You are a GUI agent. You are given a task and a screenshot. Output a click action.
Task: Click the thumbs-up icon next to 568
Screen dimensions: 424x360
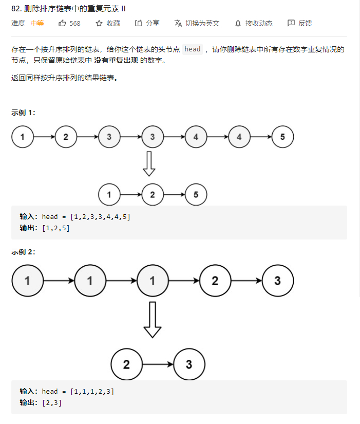pos(63,23)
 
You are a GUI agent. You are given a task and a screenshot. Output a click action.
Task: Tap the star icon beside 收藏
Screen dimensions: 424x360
pos(99,23)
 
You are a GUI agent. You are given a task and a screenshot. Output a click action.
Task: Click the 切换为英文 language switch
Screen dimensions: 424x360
pos(197,23)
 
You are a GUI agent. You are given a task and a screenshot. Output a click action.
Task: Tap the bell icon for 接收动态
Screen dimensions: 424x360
pos(238,23)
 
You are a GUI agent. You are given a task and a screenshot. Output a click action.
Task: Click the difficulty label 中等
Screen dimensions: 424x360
pos(37,23)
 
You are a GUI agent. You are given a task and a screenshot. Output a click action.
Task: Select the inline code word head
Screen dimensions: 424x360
pos(193,49)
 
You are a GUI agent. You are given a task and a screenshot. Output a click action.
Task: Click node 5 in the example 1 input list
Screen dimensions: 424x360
pos(282,137)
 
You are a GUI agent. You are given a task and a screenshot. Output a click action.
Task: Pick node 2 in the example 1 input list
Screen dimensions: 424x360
pos(66,137)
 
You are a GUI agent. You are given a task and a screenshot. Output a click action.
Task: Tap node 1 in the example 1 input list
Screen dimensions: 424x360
pos(23,137)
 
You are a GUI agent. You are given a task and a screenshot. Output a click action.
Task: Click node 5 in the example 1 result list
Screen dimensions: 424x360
pos(196,195)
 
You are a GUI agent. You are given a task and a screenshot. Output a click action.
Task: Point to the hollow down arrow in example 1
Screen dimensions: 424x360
pos(149,164)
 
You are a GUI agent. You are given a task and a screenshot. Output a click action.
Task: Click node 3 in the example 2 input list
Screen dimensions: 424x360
pos(277,281)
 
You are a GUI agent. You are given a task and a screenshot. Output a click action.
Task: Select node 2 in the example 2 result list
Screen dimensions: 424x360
pos(126,365)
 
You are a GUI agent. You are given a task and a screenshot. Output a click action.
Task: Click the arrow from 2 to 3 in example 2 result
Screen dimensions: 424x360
pos(158,365)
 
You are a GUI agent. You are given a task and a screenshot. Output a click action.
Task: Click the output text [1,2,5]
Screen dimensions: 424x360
pos(56,228)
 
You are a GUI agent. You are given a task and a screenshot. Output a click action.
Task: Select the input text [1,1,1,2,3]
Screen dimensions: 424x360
pos(92,392)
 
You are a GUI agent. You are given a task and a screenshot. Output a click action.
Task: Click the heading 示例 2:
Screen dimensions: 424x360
pos(24,252)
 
